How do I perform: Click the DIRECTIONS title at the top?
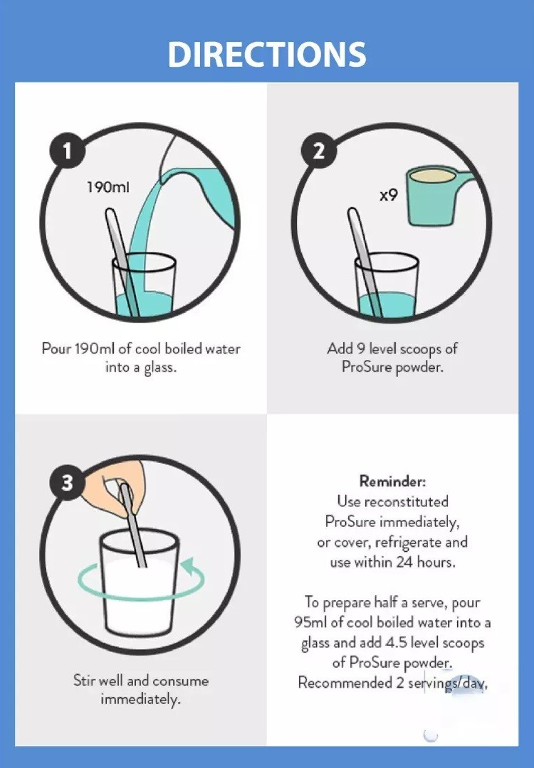tap(267, 54)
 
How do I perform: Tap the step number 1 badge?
tap(68, 151)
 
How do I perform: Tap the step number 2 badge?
tap(318, 151)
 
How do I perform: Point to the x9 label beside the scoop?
tap(388, 195)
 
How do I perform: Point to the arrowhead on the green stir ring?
tap(187, 567)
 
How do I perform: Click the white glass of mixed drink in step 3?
tap(139, 583)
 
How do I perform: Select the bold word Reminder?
tap(392, 481)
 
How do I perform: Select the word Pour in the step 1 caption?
tap(56, 349)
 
